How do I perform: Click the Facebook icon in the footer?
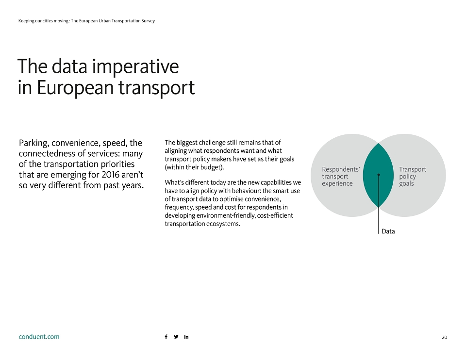coord(166,337)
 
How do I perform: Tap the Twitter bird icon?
coord(176,337)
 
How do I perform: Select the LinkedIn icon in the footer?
coord(186,337)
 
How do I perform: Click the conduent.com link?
coord(39,337)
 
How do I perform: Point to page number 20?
coord(444,337)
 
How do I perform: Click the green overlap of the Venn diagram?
coord(378,184)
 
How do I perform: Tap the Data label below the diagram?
coord(388,231)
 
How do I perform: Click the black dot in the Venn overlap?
coord(378,175)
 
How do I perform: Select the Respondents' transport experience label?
coord(341,176)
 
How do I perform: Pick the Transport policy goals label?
coord(413,176)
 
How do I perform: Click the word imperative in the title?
coord(135,66)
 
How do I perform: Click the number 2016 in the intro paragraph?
coord(110,174)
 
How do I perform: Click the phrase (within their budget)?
coord(194,167)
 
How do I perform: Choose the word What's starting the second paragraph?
coord(174,182)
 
